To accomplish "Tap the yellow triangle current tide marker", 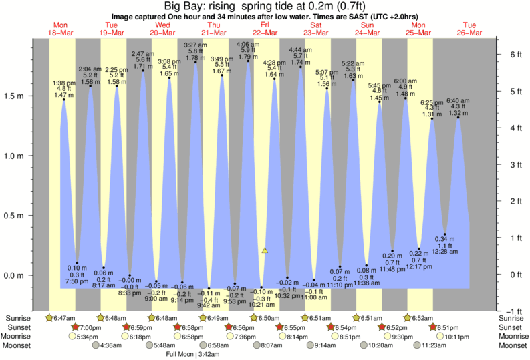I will click(x=265, y=250).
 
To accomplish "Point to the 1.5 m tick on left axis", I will click(x=15, y=96).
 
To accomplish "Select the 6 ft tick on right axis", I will click(x=515, y=54).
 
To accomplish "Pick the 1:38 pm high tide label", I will click(x=64, y=83).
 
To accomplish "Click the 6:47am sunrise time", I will click(x=63, y=317).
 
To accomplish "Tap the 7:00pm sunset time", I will click(x=90, y=327).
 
